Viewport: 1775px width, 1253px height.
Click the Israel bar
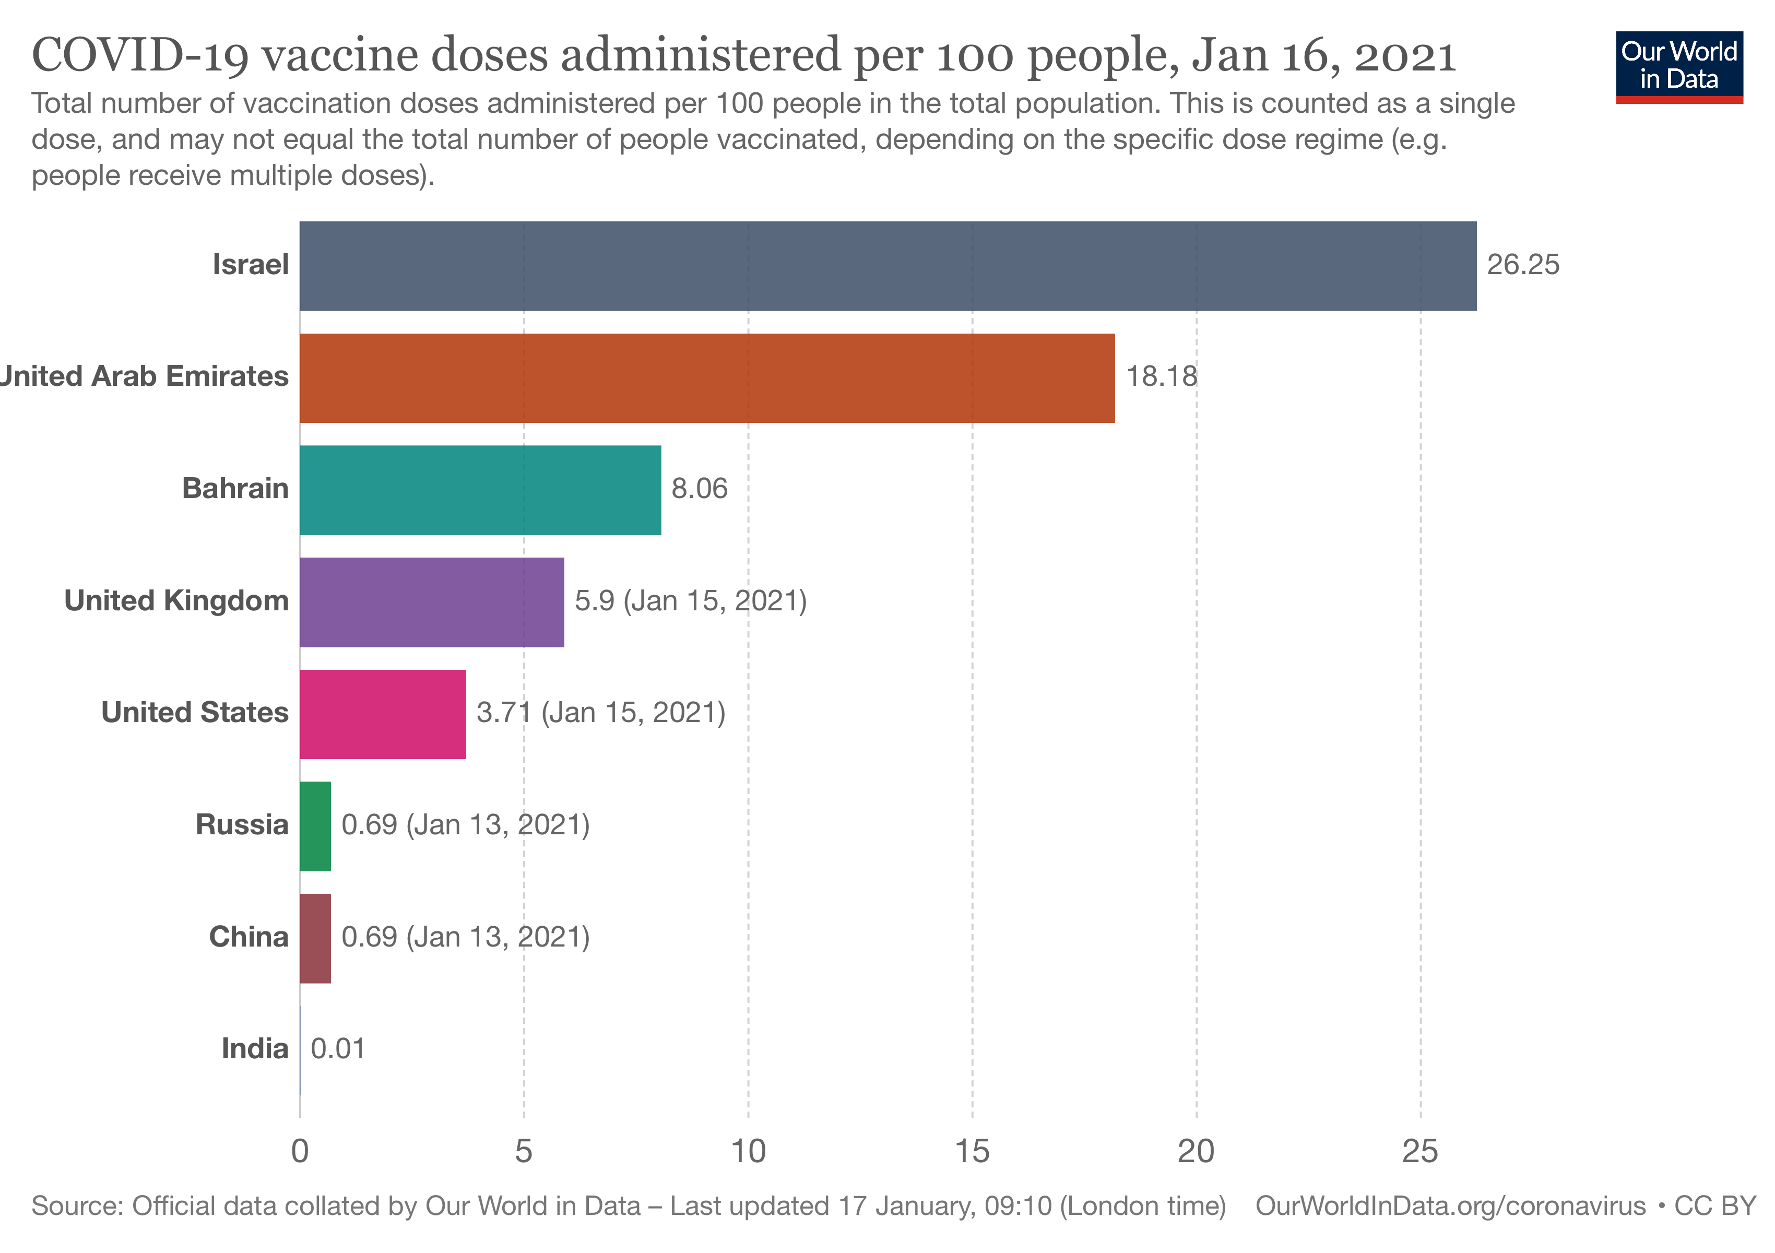coord(887,266)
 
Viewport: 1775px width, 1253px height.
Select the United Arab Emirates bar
coord(706,378)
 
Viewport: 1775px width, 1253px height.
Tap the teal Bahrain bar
coord(480,490)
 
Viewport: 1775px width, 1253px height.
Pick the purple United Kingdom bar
coord(431,602)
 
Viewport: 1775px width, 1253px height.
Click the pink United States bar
coord(383,714)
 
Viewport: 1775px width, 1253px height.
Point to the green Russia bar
coord(315,826)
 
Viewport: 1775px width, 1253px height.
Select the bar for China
coord(315,938)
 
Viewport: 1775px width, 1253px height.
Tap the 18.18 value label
coord(1161,376)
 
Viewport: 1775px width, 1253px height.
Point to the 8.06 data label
coord(699,489)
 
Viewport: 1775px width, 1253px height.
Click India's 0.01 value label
coord(338,1049)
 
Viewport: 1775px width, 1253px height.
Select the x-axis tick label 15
coord(972,1152)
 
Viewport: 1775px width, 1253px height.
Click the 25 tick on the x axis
coord(1419,1152)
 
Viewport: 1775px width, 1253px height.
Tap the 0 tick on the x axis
coord(300,1152)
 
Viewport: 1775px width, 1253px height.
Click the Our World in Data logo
coord(1678,66)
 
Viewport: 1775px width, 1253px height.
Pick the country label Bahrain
coord(235,489)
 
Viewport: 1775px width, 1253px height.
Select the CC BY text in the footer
coord(1714,1206)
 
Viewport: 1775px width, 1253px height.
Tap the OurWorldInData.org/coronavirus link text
coord(1450,1206)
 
